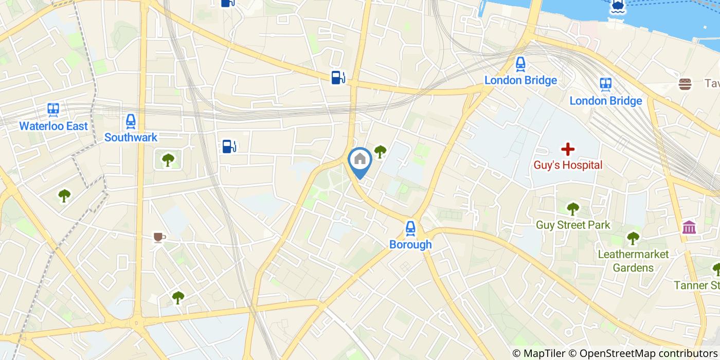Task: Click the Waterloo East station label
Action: [x=53, y=126]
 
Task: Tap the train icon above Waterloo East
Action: [x=53, y=109]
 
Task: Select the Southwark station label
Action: [x=131, y=137]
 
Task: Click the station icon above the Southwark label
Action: [x=131, y=121]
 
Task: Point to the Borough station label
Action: [x=410, y=245]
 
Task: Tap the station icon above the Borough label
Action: [x=410, y=228]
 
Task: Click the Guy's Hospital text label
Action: [x=568, y=165]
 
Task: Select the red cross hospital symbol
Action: [x=568, y=150]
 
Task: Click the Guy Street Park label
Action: [x=573, y=225]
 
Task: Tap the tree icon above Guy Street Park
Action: [x=573, y=209]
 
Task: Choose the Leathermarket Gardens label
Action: [x=633, y=261]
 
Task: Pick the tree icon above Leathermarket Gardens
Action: [x=633, y=238]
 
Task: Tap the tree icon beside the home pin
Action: [x=380, y=151]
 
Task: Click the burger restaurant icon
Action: [x=685, y=84]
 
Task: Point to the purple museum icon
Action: [x=689, y=227]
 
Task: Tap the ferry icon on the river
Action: [x=618, y=6]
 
